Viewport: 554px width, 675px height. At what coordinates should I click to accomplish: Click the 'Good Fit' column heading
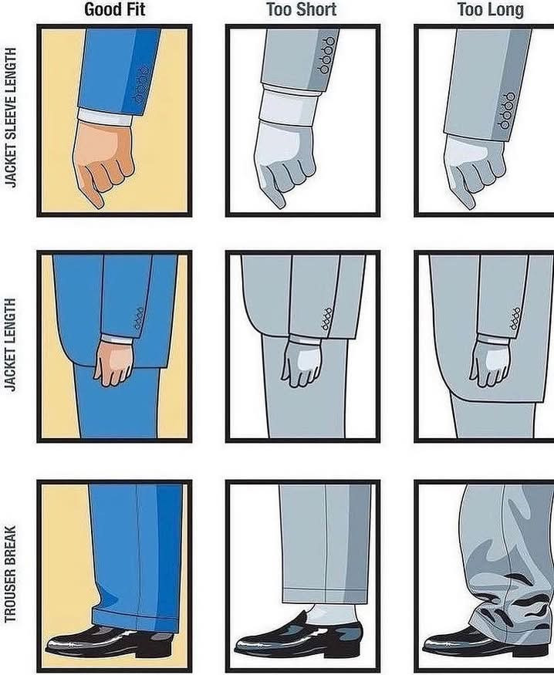point(114,9)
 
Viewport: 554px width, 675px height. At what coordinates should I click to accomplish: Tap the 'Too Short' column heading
point(302,9)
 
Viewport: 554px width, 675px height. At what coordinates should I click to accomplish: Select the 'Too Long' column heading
point(490,9)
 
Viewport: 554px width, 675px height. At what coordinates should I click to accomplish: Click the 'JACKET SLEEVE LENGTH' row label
point(11,117)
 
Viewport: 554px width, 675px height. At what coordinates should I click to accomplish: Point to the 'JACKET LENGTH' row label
point(11,344)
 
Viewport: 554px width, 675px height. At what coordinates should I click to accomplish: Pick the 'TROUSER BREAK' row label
point(11,574)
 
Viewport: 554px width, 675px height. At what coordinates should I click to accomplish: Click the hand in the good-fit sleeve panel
point(103,161)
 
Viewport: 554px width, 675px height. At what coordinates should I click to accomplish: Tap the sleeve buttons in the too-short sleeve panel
point(326,55)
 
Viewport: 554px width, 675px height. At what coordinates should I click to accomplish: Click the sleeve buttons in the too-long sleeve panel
point(507,110)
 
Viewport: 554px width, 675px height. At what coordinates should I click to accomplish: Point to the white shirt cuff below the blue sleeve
point(105,116)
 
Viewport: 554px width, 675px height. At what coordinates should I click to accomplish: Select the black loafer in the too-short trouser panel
point(298,637)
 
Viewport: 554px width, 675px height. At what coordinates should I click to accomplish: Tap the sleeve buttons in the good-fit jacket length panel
point(139,319)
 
